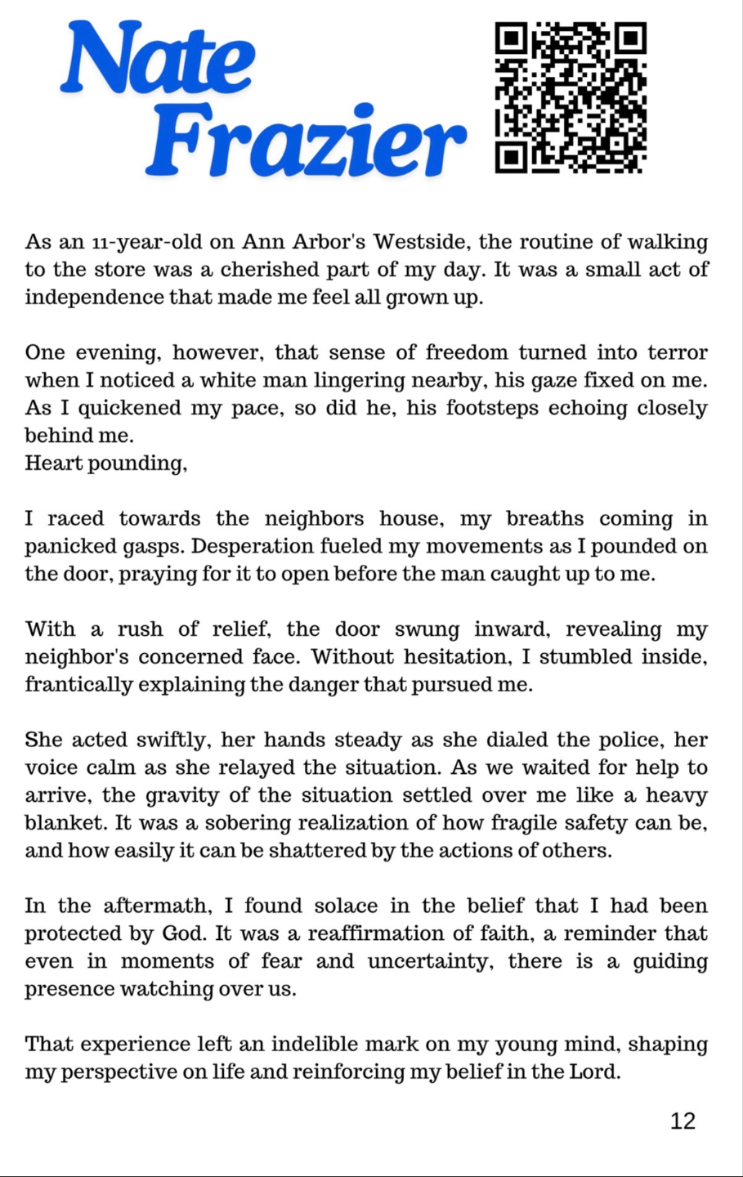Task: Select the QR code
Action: click(571, 98)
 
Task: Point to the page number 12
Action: click(683, 1121)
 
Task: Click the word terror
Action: click(678, 353)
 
